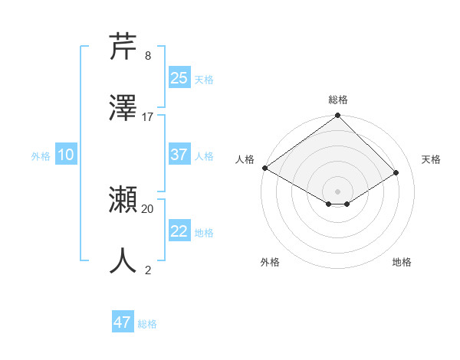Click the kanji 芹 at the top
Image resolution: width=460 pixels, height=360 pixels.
[123, 46]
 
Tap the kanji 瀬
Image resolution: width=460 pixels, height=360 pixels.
[123, 200]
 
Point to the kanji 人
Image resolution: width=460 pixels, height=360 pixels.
[123, 260]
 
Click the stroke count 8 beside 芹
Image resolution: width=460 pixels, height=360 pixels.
[147, 56]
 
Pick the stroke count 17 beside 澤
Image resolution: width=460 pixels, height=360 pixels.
[148, 116]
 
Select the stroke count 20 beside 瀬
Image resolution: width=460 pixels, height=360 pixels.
[148, 208]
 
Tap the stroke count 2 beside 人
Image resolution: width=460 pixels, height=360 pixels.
[147, 270]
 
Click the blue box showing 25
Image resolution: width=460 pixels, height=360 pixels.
[179, 78]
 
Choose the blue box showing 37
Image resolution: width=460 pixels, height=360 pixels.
[179, 155]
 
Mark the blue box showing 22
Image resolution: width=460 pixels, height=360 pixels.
[179, 231]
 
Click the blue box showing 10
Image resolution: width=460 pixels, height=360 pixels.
[66, 155]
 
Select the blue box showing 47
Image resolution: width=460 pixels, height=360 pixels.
[123, 322]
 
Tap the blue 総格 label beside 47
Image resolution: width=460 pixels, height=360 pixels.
[147, 324]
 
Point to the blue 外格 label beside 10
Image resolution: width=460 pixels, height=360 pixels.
[41, 155]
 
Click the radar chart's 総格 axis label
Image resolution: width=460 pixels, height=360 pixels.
[338, 100]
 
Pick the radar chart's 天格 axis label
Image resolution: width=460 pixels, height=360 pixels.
[431, 159]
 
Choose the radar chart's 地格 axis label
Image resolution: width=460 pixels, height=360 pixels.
[402, 262]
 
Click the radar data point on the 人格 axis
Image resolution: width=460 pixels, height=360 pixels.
[265, 168]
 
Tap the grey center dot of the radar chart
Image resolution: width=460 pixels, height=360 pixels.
[338, 191]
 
